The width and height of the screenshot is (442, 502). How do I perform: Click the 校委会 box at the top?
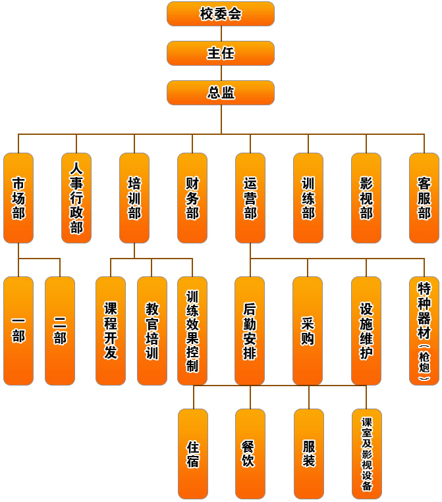(221, 14)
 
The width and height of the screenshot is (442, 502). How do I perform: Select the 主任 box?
(221, 53)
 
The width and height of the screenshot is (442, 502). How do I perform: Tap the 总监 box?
(221, 93)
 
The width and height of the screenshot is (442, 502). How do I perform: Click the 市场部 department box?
(18, 198)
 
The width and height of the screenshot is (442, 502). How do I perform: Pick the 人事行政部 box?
(76, 198)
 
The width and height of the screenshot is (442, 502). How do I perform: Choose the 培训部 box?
(134, 198)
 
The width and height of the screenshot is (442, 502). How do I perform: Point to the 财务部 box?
(192, 198)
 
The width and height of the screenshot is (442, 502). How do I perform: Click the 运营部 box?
(250, 198)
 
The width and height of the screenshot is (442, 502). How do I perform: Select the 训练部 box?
(308, 198)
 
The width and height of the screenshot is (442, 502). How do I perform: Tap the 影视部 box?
(366, 198)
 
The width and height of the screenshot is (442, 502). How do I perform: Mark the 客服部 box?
(424, 198)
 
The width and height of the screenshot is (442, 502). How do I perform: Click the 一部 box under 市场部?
(18, 330)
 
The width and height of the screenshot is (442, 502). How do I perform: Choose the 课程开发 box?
(111, 330)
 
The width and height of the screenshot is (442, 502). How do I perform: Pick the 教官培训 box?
(152, 330)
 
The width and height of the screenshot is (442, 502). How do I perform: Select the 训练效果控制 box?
(192, 330)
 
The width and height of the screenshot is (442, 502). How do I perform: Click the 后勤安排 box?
(250, 330)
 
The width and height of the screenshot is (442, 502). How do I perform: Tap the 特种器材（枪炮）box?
(424, 330)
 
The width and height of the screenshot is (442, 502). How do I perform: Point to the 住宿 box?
(193, 453)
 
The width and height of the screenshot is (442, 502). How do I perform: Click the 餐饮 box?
(250, 453)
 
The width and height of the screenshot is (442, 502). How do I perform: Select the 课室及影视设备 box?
(367, 453)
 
